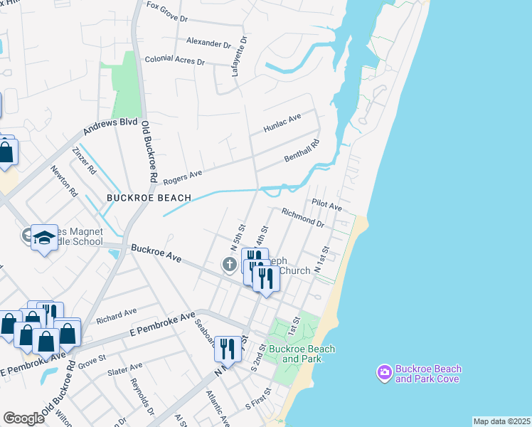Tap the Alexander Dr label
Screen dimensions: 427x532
coord(209,43)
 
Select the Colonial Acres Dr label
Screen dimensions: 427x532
coord(175,61)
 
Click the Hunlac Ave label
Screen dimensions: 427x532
coord(282,122)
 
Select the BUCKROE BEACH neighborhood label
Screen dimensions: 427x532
coord(149,197)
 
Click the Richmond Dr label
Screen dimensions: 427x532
coord(303,217)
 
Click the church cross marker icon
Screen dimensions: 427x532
coord(229,265)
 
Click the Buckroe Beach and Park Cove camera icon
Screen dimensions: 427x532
coord(384,372)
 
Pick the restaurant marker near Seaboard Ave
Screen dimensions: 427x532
coord(228,349)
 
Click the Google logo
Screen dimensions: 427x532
coord(24,418)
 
